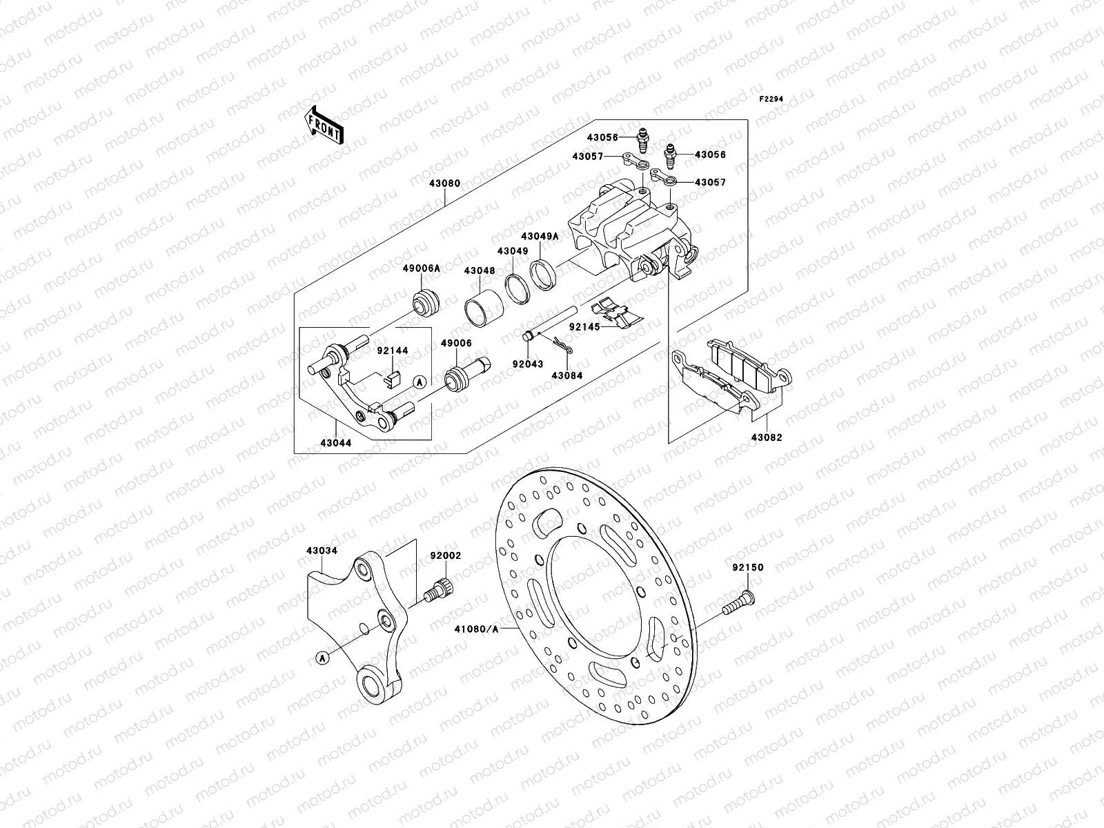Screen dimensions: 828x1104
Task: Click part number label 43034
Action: point(322,551)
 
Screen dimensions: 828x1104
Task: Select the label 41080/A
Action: point(475,629)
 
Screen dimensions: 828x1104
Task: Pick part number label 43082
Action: point(767,437)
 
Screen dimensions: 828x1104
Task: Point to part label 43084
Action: point(566,375)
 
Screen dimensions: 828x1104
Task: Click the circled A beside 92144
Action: point(419,381)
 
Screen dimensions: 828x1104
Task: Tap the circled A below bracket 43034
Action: point(322,658)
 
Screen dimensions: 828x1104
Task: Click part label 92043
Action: point(527,364)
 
